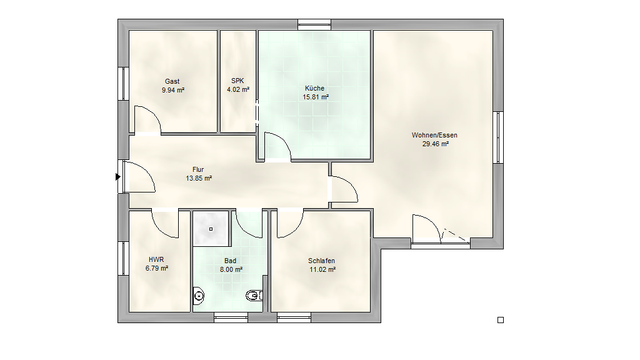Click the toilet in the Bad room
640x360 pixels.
(x=254, y=295)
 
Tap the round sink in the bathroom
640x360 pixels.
(x=198, y=296)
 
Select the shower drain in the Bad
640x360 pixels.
(x=211, y=229)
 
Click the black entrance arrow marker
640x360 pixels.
(x=118, y=177)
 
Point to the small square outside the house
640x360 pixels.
(x=501, y=320)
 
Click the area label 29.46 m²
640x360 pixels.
(x=436, y=144)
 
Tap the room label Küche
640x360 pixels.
(x=315, y=88)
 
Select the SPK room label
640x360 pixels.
(x=237, y=81)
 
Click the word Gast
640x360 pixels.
(x=172, y=81)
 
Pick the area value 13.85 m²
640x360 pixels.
(x=199, y=178)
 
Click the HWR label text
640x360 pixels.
(x=156, y=259)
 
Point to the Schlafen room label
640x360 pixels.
(x=322, y=261)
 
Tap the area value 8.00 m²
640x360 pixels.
(x=231, y=269)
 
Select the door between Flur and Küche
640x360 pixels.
(x=277, y=146)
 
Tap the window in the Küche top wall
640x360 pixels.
(x=314, y=24)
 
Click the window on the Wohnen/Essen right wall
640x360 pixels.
(x=498, y=137)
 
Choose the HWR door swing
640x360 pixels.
(x=165, y=224)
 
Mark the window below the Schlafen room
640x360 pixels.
(x=294, y=317)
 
